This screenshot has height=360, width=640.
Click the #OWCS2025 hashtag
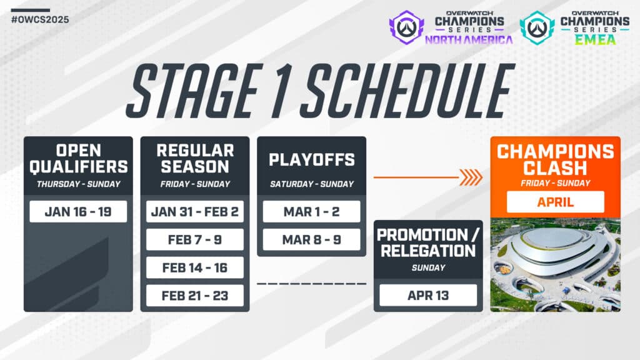point(40,19)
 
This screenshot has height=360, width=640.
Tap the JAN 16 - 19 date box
point(78,211)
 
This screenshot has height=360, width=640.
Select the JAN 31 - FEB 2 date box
point(195,211)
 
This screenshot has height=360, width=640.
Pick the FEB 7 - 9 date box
point(195,239)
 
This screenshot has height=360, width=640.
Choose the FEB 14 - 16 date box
point(195,267)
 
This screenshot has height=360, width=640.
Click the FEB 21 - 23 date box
point(195,295)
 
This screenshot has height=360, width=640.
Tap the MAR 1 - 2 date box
point(311,211)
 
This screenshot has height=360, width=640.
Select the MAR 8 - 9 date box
point(311,239)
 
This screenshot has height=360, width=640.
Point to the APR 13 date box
point(428,295)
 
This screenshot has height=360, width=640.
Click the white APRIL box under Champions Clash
point(555,201)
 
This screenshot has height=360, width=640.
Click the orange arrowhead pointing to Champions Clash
point(472,177)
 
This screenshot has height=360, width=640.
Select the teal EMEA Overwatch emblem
point(537,27)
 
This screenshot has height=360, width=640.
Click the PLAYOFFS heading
point(311,159)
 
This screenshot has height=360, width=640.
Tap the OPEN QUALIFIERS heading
point(78,159)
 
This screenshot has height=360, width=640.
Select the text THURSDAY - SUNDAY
point(78,184)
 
